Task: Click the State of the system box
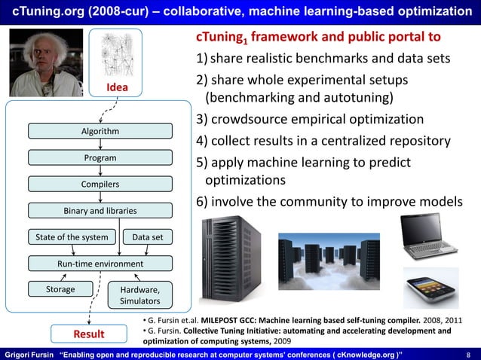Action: (72, 237)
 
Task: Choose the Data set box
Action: (148, 237)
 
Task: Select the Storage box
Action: (60, 289)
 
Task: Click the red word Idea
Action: (116, 88)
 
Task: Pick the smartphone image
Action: (430, 288)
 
